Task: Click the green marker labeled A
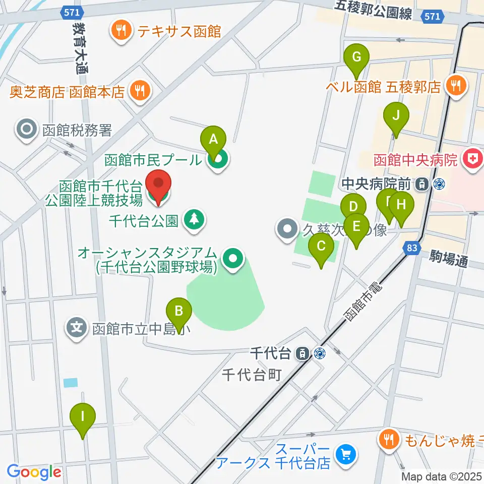[x=213, y=138]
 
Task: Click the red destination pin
[x=158, y=186]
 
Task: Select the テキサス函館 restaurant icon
[x=120, y=32]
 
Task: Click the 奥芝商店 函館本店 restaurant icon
[x=138, y=91]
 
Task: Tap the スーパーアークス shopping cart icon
[x=346, y=455]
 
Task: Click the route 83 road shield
[x=411, y=248]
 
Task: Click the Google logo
[x=34, y=472]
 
